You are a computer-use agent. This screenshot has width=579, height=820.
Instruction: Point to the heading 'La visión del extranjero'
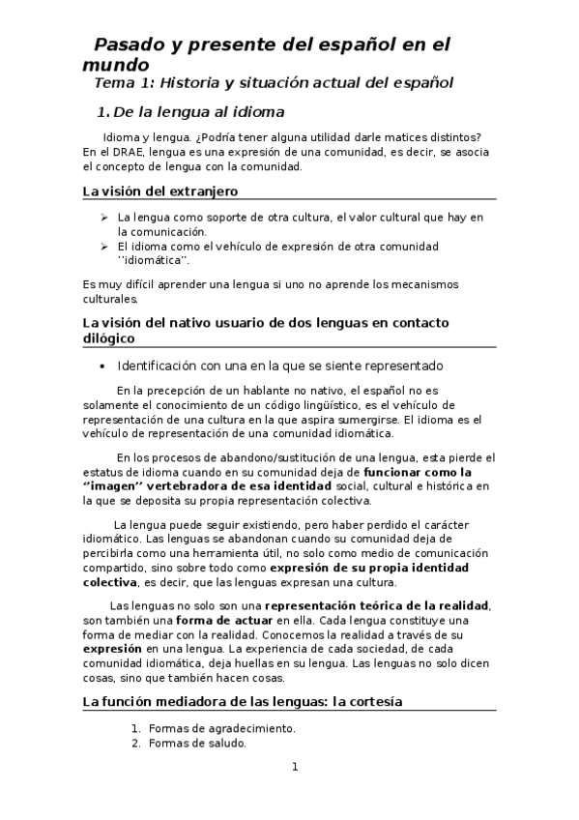coord(159,192)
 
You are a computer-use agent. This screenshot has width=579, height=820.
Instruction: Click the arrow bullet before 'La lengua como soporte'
coord(104,218)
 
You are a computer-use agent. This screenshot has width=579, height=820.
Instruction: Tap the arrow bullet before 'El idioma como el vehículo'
coord(104,247)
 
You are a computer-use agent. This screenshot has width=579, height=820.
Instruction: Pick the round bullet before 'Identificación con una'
coord(103,367)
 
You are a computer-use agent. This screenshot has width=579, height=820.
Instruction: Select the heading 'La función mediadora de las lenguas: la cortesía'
coord(243,701)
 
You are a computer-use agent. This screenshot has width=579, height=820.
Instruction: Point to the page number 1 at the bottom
coord(296,768)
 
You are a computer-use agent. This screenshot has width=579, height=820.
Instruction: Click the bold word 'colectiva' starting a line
coord(109,583)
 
